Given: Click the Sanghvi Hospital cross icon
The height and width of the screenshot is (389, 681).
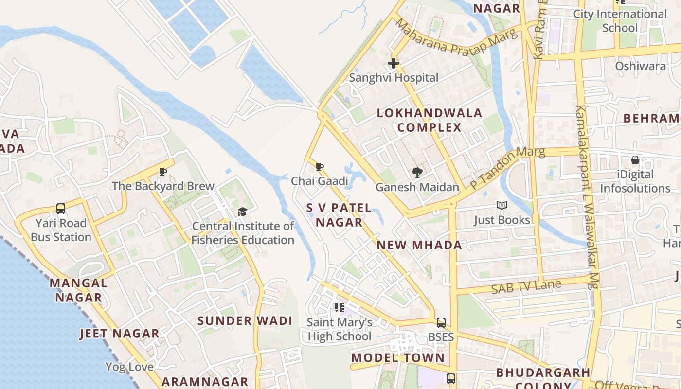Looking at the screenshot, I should pos(394,63).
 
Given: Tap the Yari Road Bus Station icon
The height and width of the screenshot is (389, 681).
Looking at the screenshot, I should pos(61,209).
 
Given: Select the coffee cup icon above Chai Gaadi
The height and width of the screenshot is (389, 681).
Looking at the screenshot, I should pos(320,167).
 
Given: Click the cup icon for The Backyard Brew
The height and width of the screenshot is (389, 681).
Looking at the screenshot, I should pos(163,172).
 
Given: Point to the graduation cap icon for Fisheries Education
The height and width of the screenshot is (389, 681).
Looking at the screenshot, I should pos(242,212).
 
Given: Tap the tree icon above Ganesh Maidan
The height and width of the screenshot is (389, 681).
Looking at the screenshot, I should pos(417,172).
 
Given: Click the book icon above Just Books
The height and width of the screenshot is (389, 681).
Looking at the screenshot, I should pos(502,206).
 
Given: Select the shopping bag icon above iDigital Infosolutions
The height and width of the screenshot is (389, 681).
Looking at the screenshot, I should pos(635,160).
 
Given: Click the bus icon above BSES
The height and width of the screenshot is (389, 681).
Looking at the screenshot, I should pos(441,323).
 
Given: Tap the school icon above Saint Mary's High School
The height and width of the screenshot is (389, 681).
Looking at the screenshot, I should pos(340,307).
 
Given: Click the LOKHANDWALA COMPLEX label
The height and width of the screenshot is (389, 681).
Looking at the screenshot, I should pos(430,120).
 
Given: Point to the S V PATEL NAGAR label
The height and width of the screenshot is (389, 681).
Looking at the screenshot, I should pos(339,215).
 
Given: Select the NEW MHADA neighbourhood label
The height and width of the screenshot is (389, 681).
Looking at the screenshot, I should pos(419,245).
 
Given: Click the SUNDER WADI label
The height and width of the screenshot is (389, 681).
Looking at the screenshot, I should pos(245,321).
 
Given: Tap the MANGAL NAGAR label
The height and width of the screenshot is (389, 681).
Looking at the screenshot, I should pos(78,290).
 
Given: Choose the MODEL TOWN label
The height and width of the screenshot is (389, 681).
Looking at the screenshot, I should pos(398,358).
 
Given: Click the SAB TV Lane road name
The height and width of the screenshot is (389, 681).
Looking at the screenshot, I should pos(526,287).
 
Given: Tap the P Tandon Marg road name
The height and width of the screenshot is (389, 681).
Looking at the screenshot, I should pos(507,168).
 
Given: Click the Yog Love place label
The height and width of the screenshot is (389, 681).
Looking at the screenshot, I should pos(129,367).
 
